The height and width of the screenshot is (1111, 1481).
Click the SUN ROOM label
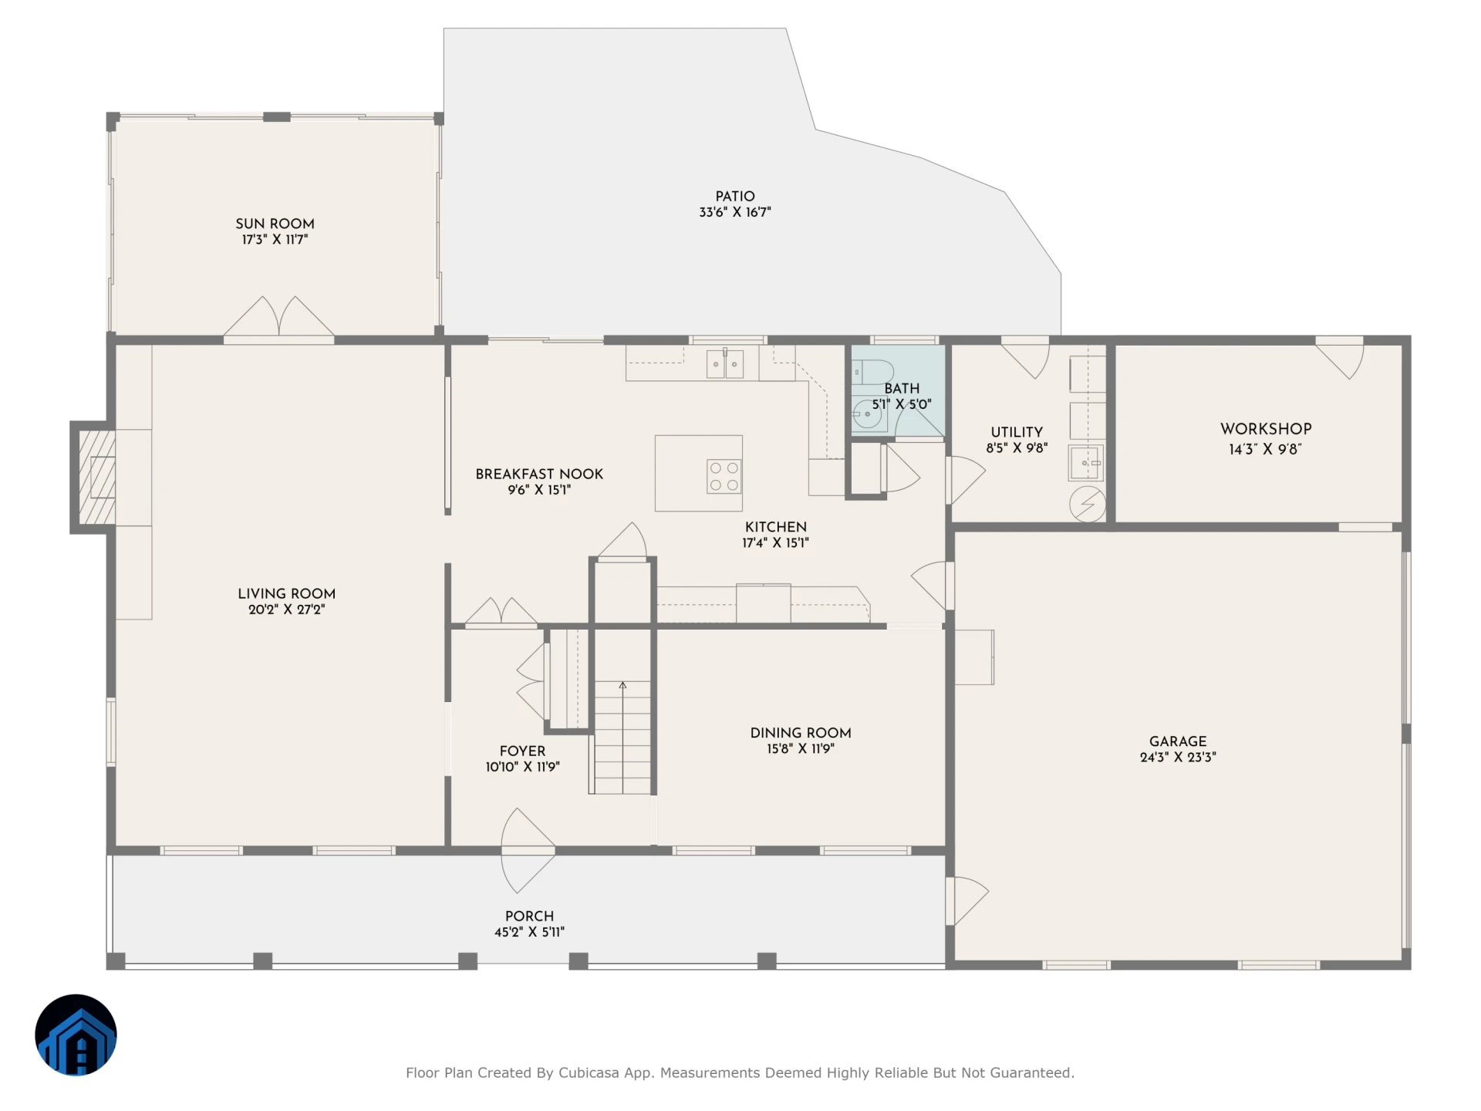click(275, 224)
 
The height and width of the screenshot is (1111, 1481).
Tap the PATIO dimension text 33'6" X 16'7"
click(735, 212)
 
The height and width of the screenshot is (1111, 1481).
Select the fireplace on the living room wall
click(94, 477)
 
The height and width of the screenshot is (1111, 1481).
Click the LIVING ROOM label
click(286, 593)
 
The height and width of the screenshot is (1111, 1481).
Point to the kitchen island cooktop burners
click(724, 476)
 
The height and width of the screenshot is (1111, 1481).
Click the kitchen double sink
click(725, 364)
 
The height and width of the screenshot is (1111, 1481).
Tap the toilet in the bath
click(872, 372)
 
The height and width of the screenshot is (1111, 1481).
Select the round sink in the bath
click(868, 414)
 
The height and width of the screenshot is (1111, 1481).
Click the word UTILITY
click(1017, 432)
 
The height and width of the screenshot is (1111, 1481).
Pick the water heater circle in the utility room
click(1088, 505)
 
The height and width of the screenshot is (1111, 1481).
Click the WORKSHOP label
click(1266, 429)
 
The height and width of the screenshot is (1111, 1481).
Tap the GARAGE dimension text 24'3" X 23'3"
click(1178, 758)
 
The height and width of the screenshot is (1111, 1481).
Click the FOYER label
click(522, 751)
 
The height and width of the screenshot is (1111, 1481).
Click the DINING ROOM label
click(801, 733)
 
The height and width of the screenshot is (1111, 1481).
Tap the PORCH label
click(529, 916)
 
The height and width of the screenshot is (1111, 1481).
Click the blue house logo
click(76, 1035)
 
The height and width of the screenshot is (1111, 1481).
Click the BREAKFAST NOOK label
click(539, 474)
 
